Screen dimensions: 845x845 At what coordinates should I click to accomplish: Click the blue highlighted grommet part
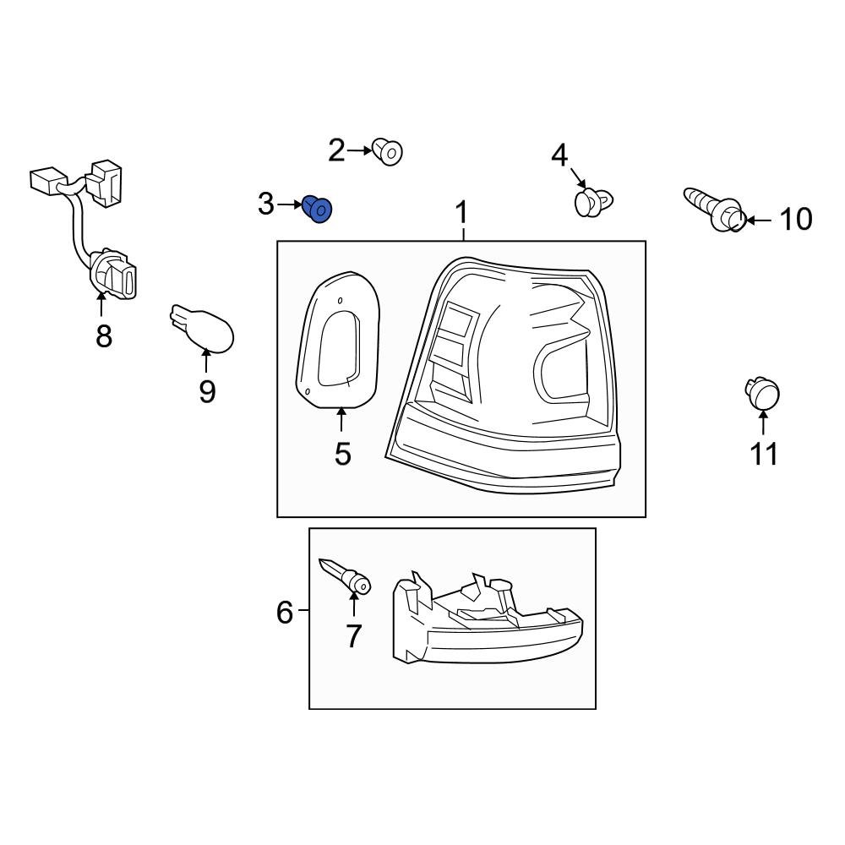pos(319,208)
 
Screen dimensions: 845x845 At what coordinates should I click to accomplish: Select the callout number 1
pos(461,214)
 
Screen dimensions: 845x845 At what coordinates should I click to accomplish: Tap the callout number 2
pos(336,151)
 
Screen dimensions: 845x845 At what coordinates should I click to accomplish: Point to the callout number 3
pos(266,204)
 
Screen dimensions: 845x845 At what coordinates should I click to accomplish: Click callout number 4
pos(560,155)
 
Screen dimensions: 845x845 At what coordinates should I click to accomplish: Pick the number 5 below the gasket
pos(342,453)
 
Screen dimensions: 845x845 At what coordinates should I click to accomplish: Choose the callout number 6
pos(285,611)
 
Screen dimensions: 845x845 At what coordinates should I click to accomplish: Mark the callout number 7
pos(353,635)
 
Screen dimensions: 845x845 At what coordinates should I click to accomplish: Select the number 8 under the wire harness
pos(103,336)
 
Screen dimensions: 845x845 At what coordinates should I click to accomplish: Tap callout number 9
pos(207,391)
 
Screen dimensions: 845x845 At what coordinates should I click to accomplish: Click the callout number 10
pos(795,220)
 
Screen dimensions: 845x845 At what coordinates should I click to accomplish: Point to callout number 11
pos(764,454)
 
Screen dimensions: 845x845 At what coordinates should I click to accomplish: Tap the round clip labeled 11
pos(762,393)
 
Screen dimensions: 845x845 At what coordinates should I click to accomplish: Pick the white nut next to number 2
pos(389,152)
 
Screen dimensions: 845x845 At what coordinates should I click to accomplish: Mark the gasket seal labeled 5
pos(335,338)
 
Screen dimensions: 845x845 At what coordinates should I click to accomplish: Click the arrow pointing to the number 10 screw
pos(759,221)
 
